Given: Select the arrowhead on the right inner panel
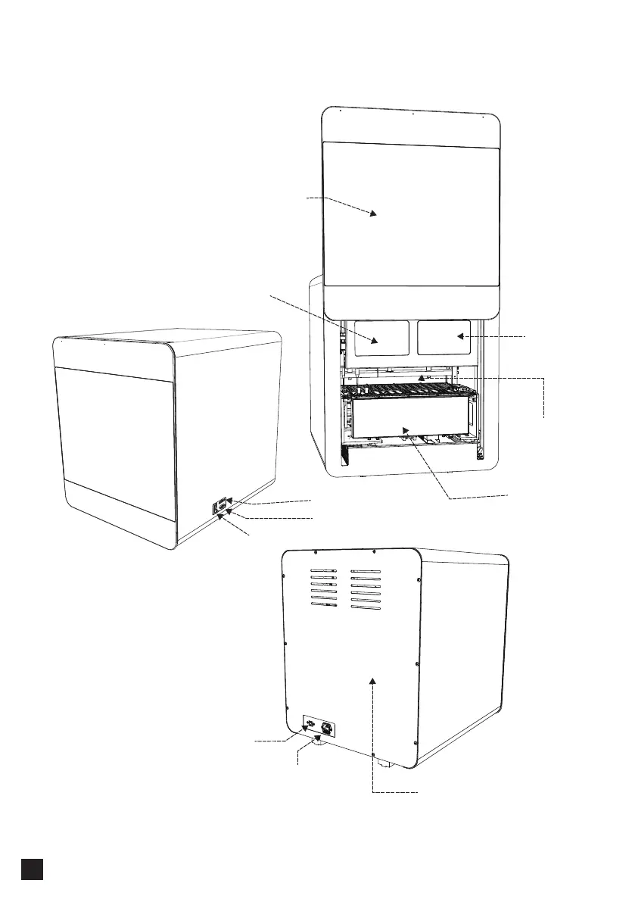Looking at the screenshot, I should pyautogui.click(x=459, y=336).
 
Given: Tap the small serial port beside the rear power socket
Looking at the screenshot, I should pyautogui.click(x=309, y=727).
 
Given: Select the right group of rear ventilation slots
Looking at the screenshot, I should pyautogui.click(x=366, y=588).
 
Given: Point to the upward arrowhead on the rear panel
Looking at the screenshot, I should pyautogui.click(x=372, y=680).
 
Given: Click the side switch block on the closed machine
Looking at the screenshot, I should pyautogui.click(x=219, y=507).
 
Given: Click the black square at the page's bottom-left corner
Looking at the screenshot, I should pyautogui.click(x=31, y=869).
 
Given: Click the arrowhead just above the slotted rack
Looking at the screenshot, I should pyautogui.click(x=423, y=376).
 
